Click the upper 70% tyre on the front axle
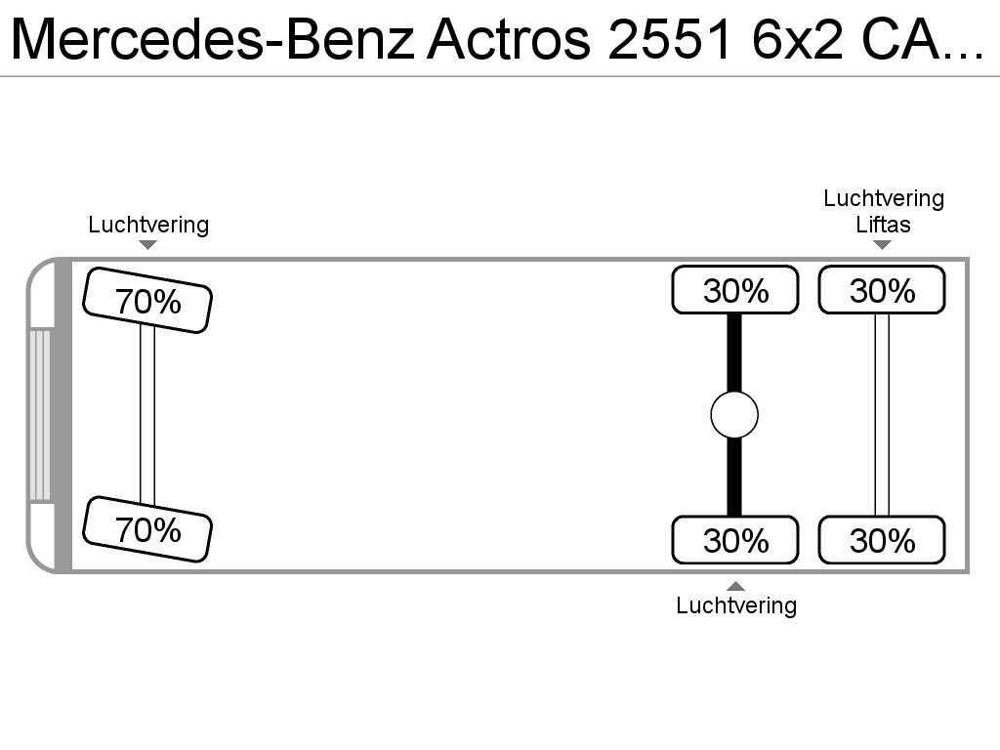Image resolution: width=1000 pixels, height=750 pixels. [x=147, y=301]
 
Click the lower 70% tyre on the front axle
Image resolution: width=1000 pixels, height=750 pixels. [x=147, y=529]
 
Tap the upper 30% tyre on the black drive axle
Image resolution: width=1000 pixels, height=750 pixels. [x=735, y=291]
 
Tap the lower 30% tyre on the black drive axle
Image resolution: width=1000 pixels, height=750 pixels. [x=735, y=540]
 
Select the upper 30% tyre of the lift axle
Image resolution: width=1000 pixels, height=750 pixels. [x=882, y=291]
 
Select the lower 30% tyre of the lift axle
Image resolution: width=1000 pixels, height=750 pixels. [x=882, y=540]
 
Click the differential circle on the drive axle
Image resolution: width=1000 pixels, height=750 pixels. [x=734, y=416]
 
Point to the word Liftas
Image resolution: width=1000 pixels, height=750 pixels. [x=883, y=225]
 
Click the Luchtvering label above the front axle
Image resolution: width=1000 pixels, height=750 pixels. [x=148, y=225]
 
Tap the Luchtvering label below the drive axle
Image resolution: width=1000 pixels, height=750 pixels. [x=736, y=605]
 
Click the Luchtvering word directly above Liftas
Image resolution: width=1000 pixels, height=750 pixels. [x=884, y=199]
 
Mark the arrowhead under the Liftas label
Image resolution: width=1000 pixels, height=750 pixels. [x=882, y=244]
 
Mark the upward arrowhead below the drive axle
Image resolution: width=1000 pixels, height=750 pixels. [x=736, y=586]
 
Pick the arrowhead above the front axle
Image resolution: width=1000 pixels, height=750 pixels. [x=148, y=244]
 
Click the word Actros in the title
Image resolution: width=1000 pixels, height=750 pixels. [x=510, y=39]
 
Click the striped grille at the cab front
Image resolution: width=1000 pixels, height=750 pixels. [x=40, y=416]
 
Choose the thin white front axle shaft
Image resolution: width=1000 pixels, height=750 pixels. [x=147, y=414]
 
